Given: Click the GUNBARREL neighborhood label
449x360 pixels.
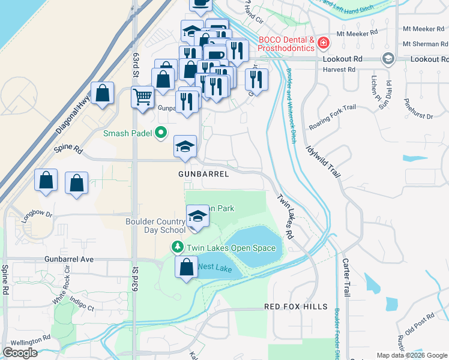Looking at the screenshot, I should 203,174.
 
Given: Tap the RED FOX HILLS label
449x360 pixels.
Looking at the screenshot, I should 297,307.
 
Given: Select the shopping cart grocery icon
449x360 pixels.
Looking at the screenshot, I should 143,96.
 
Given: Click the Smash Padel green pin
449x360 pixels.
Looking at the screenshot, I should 160,133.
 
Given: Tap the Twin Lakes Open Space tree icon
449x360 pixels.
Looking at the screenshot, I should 178,247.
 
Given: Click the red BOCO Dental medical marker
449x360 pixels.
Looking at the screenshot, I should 324,43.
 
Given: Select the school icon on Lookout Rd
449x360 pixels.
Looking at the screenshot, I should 388,59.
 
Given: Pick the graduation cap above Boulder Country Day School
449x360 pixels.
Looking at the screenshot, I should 197,216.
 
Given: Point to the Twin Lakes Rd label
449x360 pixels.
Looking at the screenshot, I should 285,217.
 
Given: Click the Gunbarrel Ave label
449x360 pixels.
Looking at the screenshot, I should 69,259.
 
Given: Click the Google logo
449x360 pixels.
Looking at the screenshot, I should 20,353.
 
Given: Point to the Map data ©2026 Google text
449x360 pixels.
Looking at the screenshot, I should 412,355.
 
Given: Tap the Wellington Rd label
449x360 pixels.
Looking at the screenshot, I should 30,340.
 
